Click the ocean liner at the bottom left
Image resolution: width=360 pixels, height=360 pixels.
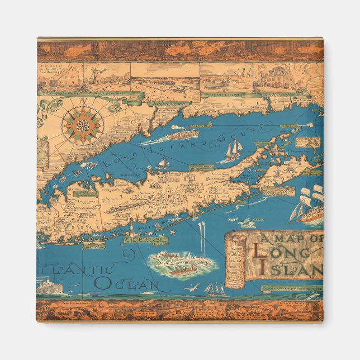coord(52,287)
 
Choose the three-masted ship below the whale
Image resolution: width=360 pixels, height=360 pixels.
coord(215,289)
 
